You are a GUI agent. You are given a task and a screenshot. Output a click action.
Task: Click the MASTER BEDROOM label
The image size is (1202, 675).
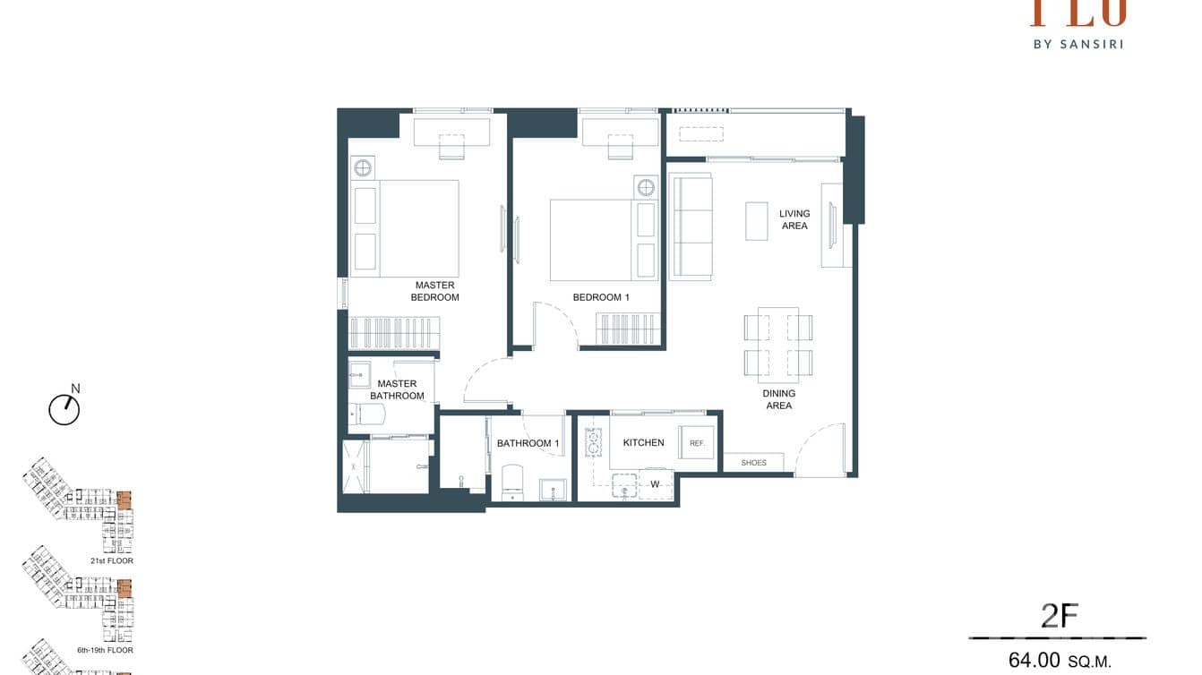(434, 291)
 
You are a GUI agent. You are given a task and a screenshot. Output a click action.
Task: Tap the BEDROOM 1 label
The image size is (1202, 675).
(601, 297)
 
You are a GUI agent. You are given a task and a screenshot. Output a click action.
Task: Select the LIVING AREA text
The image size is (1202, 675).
(794, 219)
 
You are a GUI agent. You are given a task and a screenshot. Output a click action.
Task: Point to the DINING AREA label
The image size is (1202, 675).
(778, 399)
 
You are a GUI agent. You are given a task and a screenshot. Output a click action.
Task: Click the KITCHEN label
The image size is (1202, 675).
(643, 442)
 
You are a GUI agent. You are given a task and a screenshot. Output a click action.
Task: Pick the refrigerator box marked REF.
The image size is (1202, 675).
(696, 442)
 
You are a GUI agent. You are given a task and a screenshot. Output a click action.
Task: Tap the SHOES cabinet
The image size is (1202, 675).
(753, 463)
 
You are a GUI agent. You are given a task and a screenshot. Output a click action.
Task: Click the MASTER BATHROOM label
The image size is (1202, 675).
(397, 389)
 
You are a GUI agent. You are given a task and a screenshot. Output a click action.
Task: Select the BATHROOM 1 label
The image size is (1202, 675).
(528, 443)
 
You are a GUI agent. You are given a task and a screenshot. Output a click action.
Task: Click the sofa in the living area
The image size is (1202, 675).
(691, 227)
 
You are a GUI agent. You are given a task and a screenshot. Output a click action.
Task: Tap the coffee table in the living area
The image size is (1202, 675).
(757, 220)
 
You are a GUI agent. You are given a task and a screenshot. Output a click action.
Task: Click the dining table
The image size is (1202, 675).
(777, 345)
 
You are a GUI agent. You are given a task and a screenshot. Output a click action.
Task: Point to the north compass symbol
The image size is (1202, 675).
(64, 409)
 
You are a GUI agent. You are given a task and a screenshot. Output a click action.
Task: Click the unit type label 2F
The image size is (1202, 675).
(1059, 616)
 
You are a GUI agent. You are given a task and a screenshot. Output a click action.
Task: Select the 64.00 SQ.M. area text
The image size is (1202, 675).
(1059, 661)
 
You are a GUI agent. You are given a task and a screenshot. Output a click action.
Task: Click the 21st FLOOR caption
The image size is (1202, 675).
(111, 560)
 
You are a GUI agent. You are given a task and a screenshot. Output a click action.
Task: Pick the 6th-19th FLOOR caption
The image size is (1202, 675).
(105, 650)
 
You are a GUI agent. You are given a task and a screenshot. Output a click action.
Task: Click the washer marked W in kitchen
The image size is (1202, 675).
(655, 484)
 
